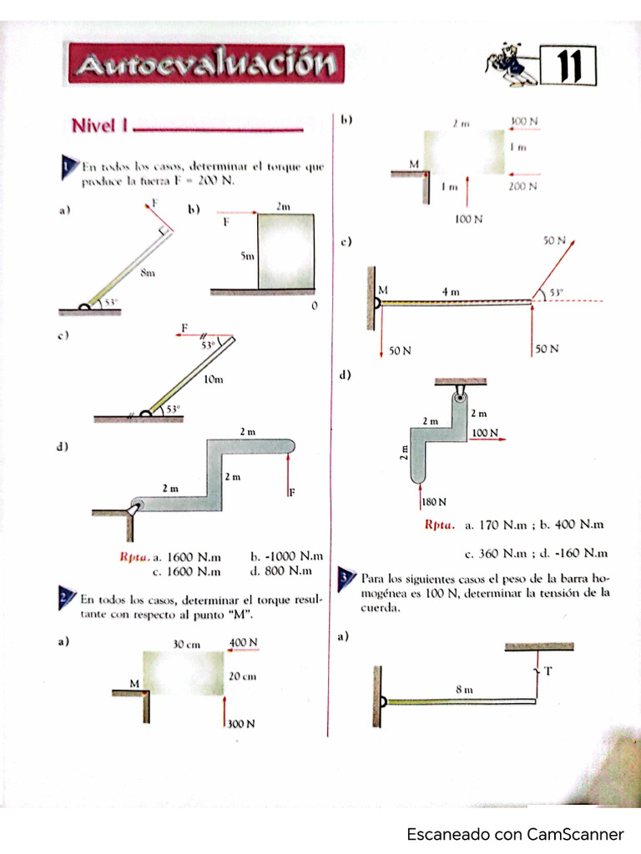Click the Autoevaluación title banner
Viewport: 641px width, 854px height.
(206, 63)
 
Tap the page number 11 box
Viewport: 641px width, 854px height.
(568, 67)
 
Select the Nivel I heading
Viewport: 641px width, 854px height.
(98, 126)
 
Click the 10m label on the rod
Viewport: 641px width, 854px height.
(214, 379)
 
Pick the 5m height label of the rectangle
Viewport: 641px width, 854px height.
(247, 258)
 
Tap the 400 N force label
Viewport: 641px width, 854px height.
(243, 642)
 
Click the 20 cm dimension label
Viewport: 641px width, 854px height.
(242, 676)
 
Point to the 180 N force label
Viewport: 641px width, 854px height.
(433, 502)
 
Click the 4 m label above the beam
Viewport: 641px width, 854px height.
(451, 292)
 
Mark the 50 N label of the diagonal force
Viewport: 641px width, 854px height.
(554, 240)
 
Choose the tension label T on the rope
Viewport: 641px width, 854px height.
(548, 671)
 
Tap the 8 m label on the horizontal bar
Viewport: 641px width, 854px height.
(464, 690)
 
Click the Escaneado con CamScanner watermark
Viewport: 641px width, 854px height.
(515, 834)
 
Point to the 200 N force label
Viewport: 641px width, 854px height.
(522, 187)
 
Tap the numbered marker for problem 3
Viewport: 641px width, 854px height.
(346, 579)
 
